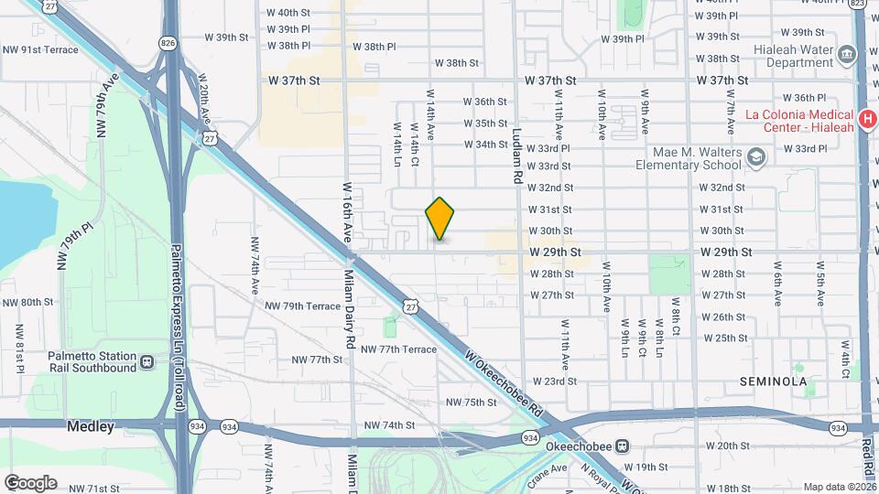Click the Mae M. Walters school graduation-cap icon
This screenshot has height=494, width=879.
(x=756, y=158)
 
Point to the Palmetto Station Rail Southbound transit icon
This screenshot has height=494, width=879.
(x=146, y=362)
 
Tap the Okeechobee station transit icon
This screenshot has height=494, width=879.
(x=623, y=446)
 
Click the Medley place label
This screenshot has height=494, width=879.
(x=91, y=426)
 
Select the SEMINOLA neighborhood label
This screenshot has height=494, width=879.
(x=773, y=381)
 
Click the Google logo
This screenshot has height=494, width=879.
(x=30, y=482)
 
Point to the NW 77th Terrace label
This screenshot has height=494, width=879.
(x=398, y=349)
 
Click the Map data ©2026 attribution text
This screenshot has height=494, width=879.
(x=840, y=487)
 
